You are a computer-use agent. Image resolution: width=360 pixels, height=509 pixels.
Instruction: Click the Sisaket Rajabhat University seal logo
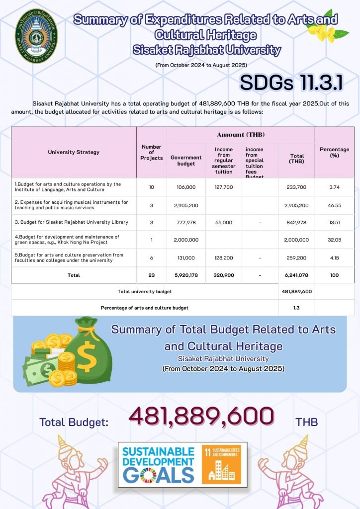click(x=35, y=36)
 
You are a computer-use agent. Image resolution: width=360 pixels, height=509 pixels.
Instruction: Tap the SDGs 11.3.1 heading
click(x=291, y=83)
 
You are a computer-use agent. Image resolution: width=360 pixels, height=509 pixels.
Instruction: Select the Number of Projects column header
click(x=152, y=153)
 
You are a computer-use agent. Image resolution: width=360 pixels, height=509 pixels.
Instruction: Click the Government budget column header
click(x=186, y=161)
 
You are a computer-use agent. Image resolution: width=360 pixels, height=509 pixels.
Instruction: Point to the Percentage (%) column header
click(x=334, y=152)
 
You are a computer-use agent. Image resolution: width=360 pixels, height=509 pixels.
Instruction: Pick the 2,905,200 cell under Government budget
click(x=186, y=205)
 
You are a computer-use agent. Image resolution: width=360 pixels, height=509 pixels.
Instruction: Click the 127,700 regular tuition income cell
click(x=223, y=187)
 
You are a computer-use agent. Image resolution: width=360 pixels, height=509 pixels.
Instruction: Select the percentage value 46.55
click(x=334, y=205)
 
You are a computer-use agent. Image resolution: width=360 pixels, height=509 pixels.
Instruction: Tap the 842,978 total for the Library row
click(x=296, y=223)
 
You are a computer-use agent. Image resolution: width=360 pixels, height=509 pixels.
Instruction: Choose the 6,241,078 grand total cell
click(x=296, y=275)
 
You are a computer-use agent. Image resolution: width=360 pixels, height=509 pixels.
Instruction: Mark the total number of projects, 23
click(x=152, y=275)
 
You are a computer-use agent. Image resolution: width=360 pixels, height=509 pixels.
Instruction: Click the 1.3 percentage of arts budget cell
click(x=296, y=308)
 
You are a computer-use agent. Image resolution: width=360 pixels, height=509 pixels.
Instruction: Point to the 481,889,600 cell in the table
click(x=296, y=291)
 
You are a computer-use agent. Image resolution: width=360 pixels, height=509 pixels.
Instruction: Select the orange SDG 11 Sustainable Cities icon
click(x=221, y=465)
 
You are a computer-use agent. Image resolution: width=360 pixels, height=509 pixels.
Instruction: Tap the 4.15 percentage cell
click(x=334, y=258)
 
